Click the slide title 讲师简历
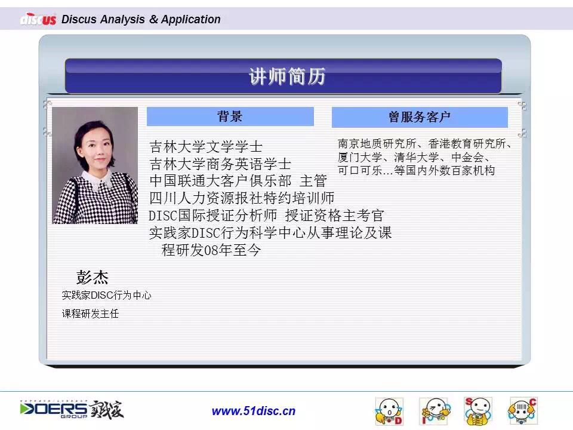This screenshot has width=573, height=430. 287,76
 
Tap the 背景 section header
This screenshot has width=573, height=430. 230,116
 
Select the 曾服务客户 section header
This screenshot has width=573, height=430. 420,117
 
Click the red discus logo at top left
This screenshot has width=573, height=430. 38,19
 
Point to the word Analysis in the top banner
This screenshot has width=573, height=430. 122,19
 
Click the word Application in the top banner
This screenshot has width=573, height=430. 191,19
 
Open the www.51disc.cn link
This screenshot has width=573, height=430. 254,411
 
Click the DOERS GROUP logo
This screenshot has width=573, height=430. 72,410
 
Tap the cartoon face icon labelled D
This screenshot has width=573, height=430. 389,411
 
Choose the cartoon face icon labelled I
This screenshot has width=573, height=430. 435,411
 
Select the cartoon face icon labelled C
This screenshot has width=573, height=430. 523,411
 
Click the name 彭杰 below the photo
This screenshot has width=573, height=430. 93,277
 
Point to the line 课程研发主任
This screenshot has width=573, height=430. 90,314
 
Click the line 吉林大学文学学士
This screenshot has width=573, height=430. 206,147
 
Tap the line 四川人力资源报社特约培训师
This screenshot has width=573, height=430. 242,198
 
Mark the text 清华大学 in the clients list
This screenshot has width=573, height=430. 416,157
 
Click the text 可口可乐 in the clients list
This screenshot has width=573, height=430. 360,170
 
